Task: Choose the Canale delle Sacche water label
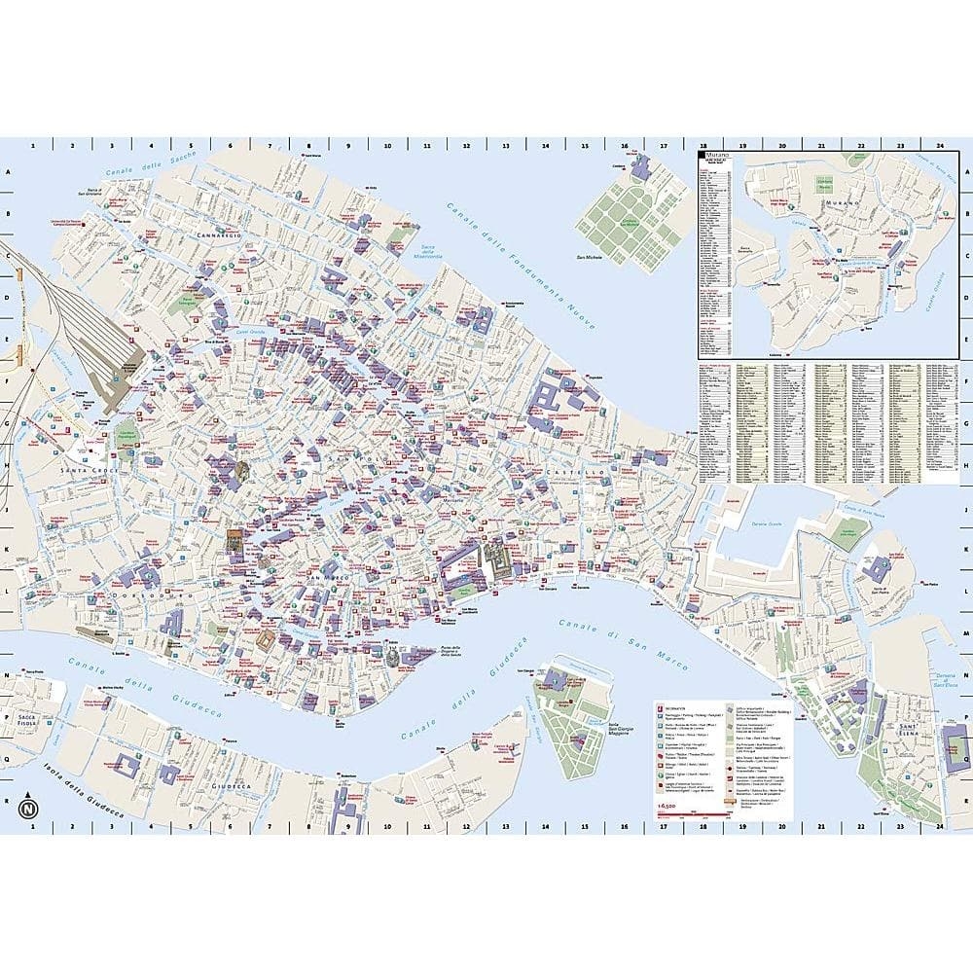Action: tap(146, 171)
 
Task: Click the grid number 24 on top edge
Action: tap(939, 146)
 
